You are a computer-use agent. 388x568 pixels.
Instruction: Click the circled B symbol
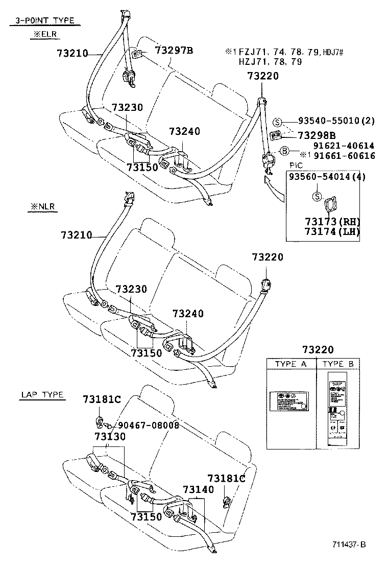pos(285,151)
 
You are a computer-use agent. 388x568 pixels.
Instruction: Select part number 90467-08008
pos(148,425)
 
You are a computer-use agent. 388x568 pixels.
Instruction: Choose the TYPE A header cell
pos(291,364)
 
